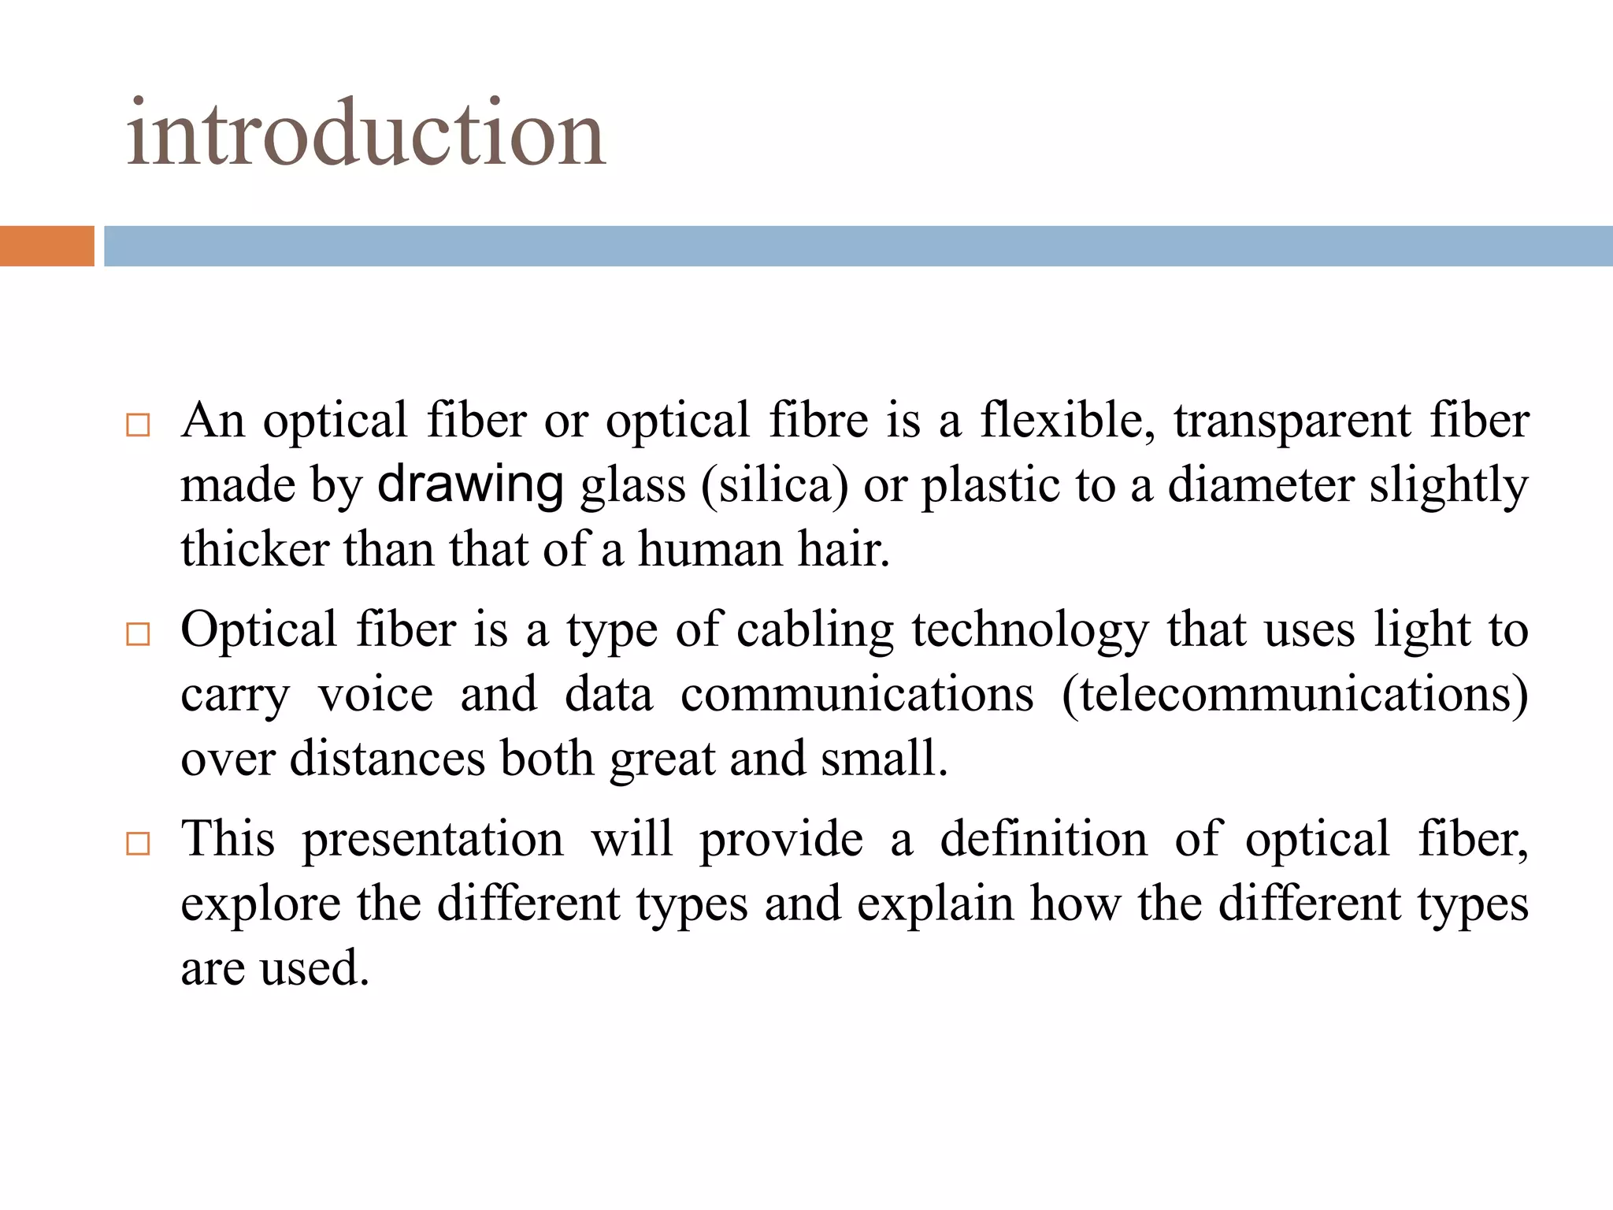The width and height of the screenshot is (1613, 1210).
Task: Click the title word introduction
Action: tap(366, 134)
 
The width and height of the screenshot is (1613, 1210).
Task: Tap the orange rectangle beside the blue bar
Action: tap(46, 246)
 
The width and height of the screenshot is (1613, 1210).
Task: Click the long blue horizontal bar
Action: tap(858, 246)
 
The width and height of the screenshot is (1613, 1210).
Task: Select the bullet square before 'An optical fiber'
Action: tap(138, 425)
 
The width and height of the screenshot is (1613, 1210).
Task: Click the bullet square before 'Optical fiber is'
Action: tap(138, 634)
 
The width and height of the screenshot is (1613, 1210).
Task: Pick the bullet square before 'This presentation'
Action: tap(138, 844)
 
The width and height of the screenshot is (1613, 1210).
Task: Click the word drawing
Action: tap(470, 484)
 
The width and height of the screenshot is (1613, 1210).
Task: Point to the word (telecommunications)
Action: tap(1295, 696)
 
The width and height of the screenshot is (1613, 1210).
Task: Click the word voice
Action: tap(376, 696)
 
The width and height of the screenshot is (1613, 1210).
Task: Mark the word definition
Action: tap(1044, 839)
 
